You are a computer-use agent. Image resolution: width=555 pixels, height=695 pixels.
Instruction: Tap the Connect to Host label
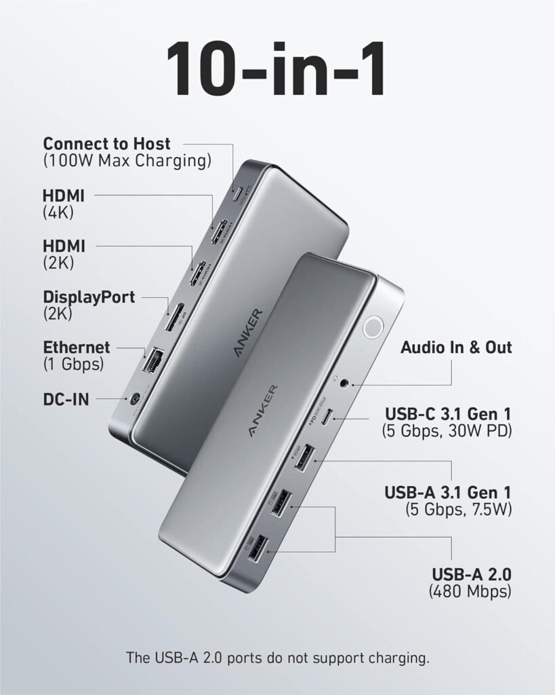pyautogui.click(x=106, y=144)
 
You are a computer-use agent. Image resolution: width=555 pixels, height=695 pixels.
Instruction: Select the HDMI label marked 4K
pyautogui.click(x=64, y=195)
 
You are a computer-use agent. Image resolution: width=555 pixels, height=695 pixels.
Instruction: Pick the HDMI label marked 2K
pyautogui.click(x=64, y=246)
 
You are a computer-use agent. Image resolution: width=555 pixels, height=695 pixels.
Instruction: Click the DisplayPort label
pyautogui.click(x=89, y=297)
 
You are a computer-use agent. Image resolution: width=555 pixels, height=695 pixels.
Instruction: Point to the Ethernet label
pyautogui.click(x=76, y=347)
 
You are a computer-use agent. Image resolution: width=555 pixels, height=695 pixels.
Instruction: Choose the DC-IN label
pyautogui.click(x=66, y=399)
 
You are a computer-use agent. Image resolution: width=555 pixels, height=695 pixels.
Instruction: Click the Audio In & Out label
pyautogui.click(x=456, y=347)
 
